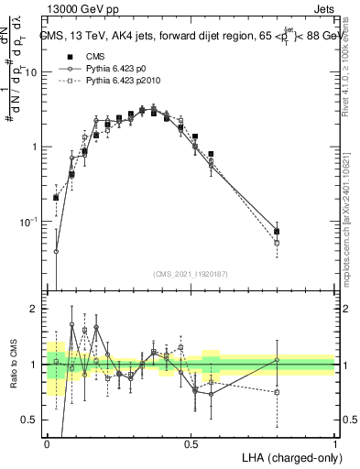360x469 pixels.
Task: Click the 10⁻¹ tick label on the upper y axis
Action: coord(29,222)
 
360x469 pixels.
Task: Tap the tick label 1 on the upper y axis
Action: coord(36,147)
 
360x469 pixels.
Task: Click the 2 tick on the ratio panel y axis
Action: coord(35,309)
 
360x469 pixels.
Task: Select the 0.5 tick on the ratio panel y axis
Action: coord(30,420)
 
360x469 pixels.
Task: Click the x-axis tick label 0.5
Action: coord(191,443)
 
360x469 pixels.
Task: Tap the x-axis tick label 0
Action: coord(47,443)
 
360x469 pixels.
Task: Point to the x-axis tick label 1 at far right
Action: coord(334,443)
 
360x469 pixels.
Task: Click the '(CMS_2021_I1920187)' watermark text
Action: coord(191,272)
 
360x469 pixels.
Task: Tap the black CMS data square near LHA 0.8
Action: coord(277,231)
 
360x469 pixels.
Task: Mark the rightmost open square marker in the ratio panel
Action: coord(277,392)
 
